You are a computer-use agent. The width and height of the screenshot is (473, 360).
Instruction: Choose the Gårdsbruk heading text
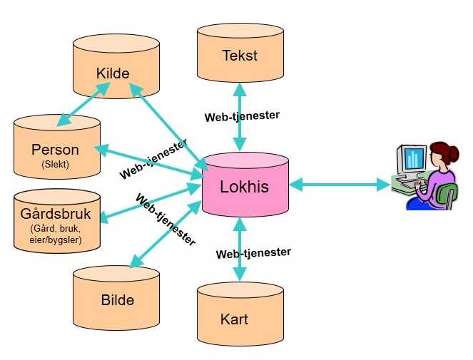click(56, 214)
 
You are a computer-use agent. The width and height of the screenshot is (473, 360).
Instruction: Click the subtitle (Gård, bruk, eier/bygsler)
click(56, 235)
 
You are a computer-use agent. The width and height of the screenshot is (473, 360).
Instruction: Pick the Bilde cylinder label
click(117, 299)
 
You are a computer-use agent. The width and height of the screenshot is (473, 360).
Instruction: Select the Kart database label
click(235, 318)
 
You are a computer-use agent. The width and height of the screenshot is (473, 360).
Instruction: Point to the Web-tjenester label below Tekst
click(242, 115)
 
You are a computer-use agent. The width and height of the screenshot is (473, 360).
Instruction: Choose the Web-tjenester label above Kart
click(253, 252)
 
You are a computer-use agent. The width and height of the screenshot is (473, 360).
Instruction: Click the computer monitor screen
click(414, 158)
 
